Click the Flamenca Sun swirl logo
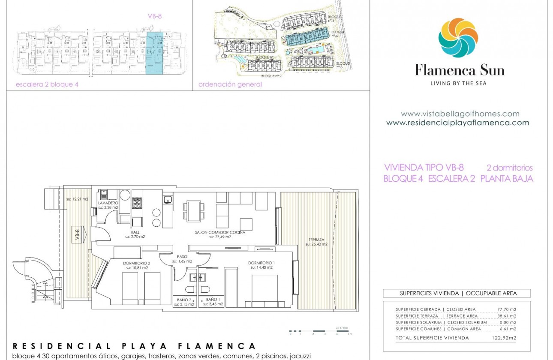point(458,38)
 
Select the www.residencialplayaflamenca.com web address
point(457,123)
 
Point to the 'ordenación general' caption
point(230,84)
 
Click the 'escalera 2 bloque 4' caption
point(47,84)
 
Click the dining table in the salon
point(193,211)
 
